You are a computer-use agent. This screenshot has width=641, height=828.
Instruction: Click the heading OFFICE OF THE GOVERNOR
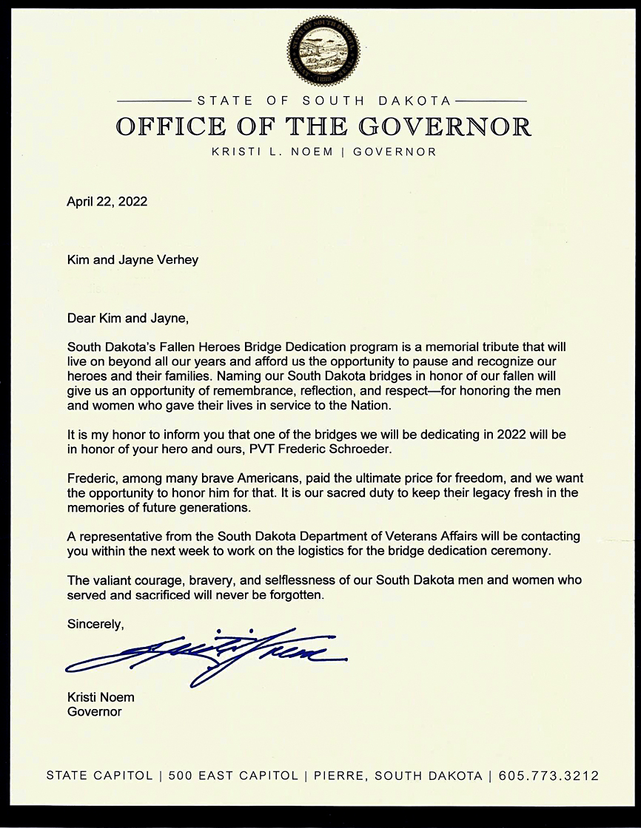click(x=323, y=126)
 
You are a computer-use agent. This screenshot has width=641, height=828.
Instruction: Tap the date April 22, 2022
click(x=107, y=201)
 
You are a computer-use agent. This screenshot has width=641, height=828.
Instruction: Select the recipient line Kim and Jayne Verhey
click(x=132, y=260)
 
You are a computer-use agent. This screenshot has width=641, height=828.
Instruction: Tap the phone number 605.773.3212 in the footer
click(x=548, y=776)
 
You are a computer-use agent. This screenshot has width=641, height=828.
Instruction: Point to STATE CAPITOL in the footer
click(x=99, y=776)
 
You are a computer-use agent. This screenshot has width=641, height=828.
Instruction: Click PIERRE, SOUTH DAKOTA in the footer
click(x=397, y=776)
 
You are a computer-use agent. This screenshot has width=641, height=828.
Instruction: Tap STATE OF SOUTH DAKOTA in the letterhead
click(x=323, y=101)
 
